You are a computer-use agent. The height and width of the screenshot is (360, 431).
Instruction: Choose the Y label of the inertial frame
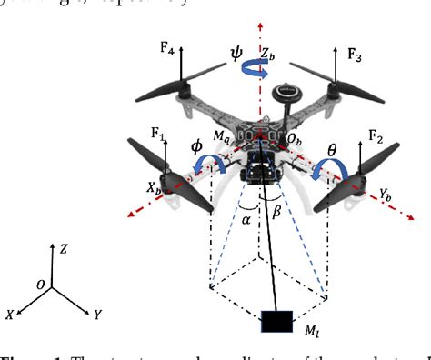(x=96, y=315)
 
